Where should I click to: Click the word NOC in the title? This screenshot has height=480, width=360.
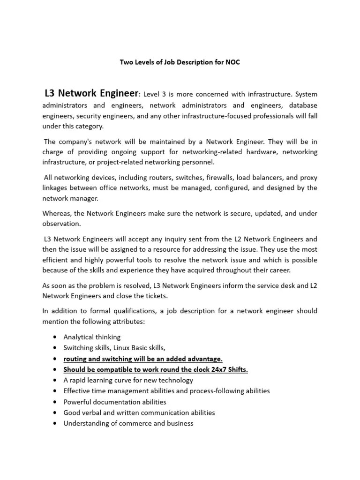coord(232,62)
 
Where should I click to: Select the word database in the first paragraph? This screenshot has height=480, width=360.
coord(303,105)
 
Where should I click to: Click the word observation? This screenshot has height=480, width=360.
coord(61,224)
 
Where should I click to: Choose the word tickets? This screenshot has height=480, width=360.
coord(155,296)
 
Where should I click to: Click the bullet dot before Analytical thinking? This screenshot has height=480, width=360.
coord(56,337)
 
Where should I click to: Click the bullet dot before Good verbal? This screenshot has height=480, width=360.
coord(56,413)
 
